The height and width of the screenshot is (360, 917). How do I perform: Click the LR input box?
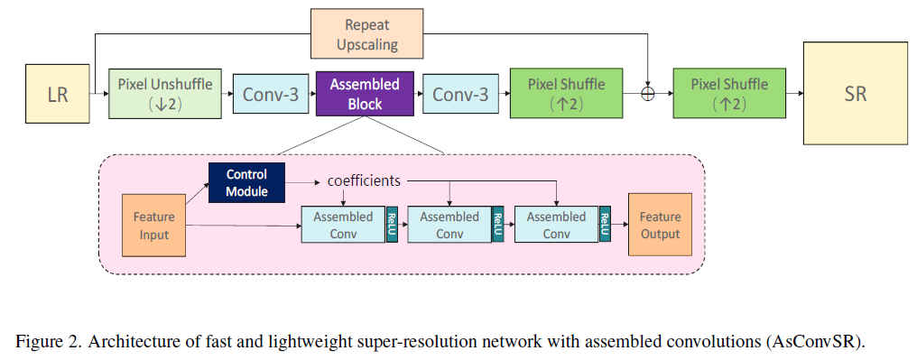(58, 94)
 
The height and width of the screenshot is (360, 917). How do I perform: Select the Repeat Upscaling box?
(366, 33)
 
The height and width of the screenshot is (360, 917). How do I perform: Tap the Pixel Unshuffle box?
(165, 94)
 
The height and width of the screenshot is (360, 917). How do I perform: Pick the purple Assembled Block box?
(365, 94)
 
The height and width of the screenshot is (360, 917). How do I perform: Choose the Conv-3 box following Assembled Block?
(459, 94)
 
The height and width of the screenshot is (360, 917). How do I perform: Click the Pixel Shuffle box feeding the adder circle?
(566, 94)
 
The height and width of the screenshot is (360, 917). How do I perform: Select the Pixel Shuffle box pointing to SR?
(729, 94)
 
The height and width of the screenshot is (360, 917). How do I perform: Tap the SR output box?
(856, 93)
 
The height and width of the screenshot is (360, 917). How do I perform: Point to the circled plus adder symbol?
(647, 94)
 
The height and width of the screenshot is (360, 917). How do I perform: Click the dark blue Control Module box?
(246, 182)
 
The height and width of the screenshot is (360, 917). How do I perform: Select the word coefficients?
(364, 180)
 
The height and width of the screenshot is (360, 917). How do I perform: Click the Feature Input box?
(153, 225)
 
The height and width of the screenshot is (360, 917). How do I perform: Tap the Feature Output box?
(660, 225)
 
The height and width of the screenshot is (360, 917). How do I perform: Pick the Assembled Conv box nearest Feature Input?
(343, 225)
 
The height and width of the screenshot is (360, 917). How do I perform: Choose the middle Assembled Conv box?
(449, 225)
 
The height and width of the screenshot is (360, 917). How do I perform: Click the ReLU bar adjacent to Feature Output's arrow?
(605, 225)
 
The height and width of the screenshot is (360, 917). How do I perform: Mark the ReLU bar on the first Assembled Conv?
(392, 225)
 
